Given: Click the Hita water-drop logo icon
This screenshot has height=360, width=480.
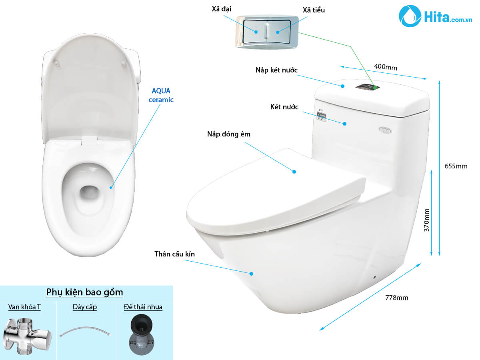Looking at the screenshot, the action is [410, 16].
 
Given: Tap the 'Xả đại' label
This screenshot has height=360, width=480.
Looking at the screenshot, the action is [221, 9].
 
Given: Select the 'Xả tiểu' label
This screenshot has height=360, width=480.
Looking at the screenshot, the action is [314, 10].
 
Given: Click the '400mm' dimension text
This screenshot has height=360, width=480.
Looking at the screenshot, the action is [386, 67].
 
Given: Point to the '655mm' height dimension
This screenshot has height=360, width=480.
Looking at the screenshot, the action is [456, 166].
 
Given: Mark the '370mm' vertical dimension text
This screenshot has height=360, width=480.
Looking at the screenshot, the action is [426, 220].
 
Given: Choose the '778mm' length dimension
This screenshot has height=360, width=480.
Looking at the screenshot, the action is [396, 298].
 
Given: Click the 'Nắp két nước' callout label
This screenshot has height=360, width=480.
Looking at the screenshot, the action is [276, 70].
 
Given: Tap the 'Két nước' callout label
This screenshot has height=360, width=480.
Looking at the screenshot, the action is [284, 107].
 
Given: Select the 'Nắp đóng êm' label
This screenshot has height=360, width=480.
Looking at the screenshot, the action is [229, 134].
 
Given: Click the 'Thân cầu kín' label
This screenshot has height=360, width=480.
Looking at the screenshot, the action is [174, 254].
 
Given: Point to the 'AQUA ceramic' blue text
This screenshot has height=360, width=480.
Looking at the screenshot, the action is [161, 95].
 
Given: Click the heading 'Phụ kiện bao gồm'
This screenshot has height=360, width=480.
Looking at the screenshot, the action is [84, 292].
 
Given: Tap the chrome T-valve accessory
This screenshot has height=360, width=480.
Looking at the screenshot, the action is [27, 336].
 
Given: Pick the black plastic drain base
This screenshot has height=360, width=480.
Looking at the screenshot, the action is [142, 334].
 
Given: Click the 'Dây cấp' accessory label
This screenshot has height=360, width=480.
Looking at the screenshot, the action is [85, 307].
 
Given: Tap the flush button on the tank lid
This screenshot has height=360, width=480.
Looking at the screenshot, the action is [368, 87].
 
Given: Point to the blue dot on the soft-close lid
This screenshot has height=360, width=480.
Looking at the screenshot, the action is [294, 172].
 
